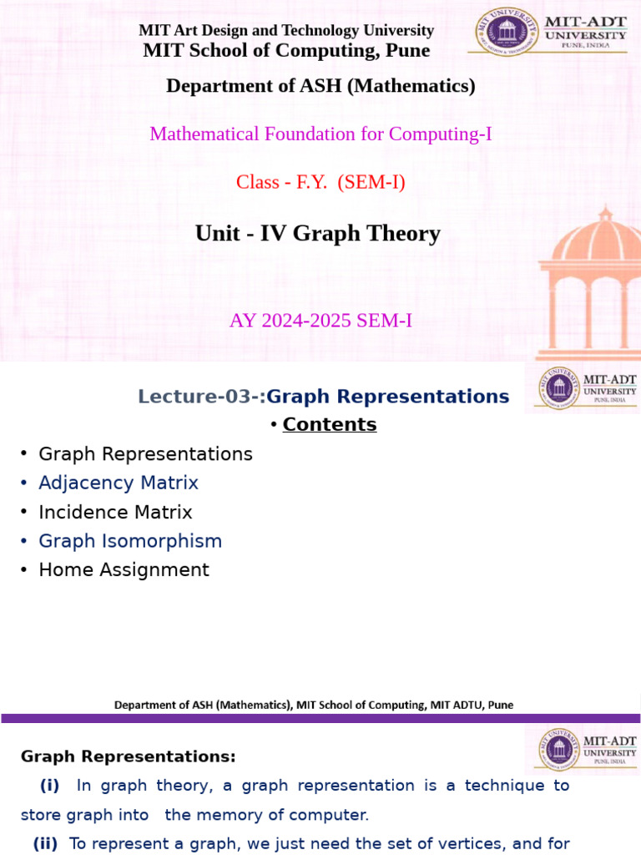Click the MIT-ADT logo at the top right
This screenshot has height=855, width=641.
point(550,32)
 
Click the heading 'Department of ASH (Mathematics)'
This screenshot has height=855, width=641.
point(320,85)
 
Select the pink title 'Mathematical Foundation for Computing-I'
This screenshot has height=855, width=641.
point(320,134)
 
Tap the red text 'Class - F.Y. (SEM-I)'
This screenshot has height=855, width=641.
point(320,182)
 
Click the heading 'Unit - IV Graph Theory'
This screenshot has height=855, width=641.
point(317,234)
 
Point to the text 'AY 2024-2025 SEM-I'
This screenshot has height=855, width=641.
point(320,320)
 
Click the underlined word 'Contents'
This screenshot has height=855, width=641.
point(330,424)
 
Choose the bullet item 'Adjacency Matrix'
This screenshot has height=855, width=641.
point(119,483)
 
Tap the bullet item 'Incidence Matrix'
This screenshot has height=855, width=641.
point(115,512)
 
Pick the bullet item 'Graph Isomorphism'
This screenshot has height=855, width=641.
point(130,541)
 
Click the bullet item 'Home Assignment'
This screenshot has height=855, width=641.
point(124,570)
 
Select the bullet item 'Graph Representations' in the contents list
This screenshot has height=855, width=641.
point(145,454)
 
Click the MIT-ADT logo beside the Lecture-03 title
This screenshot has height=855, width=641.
point(582,389)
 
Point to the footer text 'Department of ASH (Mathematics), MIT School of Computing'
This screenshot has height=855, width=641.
point(313,705)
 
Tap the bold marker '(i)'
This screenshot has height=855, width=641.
point(50,786)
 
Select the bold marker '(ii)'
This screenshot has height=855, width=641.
point(45,843)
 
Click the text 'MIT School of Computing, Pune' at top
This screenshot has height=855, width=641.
point(286,50)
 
